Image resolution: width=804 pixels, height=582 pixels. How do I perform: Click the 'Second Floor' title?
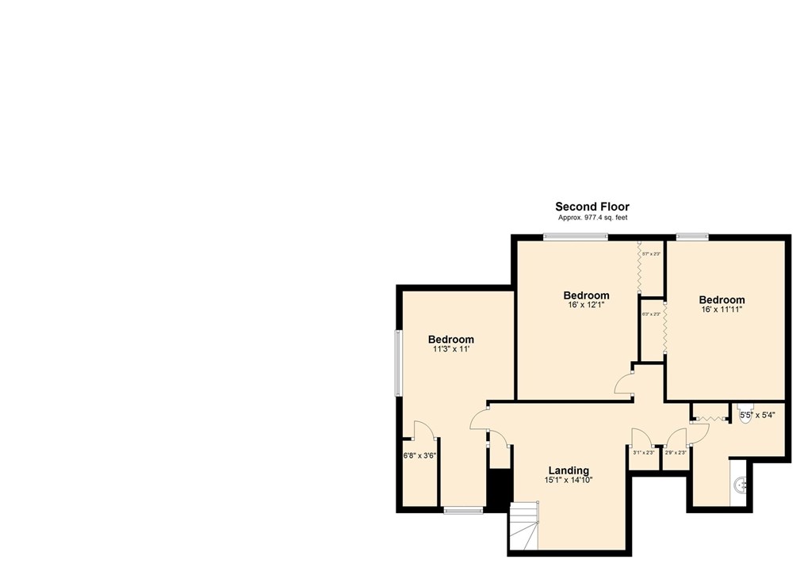point(592,207)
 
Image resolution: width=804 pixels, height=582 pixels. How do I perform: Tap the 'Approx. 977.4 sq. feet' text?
point(592,217)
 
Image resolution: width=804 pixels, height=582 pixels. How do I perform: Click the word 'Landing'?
point(567,470)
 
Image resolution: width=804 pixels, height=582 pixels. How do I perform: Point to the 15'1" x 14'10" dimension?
point(567,480)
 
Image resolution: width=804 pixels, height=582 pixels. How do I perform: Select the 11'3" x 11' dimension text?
point(451,348)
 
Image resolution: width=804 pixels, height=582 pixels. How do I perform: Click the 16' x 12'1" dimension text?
point(587,305)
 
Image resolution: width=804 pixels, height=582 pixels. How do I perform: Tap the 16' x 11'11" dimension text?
point(722,310)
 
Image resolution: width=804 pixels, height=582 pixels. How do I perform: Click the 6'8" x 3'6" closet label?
point(420,456)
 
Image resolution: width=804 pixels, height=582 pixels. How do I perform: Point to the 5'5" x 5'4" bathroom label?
point(757,414)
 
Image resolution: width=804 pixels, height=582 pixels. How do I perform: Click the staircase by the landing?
point(524,527)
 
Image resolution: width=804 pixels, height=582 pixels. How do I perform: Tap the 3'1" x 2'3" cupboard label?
point(643,453)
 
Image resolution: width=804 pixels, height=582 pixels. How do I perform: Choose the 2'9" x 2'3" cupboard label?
point(675,453)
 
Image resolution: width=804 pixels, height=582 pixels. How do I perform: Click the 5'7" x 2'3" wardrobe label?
point(651,254)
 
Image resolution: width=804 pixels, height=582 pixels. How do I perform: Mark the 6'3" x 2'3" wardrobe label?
point(651,314)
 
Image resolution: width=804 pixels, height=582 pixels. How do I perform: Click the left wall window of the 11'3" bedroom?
point(400,362)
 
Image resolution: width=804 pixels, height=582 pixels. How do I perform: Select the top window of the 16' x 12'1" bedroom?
point(575,236)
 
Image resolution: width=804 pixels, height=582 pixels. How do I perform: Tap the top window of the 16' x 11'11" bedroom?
point(691,236)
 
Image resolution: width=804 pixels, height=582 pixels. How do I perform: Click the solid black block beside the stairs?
point(498,489)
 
